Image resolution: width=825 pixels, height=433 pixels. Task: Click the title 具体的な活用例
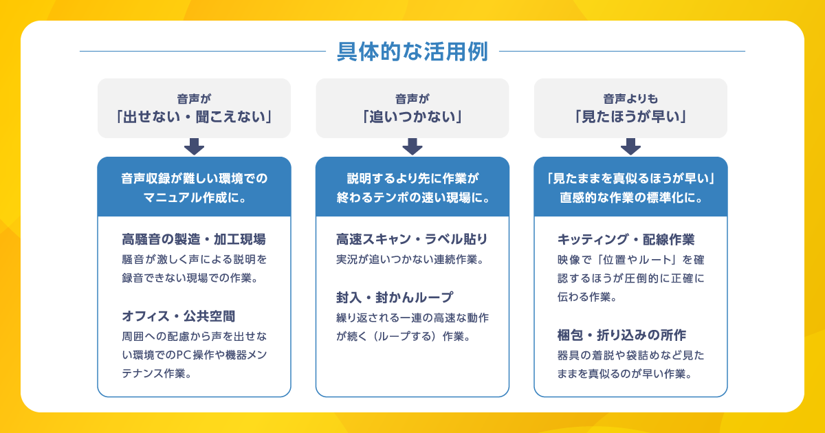pos(412,52)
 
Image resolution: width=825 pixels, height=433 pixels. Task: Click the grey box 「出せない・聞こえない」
pos(194,108)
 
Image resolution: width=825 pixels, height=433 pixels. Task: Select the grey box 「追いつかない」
pos(412,108)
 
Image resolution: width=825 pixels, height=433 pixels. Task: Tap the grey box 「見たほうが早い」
pos(630,108)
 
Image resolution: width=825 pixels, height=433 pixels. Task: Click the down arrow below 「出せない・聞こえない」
pos(194,146)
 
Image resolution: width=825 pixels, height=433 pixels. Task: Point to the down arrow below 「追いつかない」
pos(412,146)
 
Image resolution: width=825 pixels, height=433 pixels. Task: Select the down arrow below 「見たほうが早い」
pos(630,146)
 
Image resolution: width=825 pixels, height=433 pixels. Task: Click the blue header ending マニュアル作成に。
pos(194,187)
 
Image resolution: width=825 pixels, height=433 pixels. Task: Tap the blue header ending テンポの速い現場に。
pos(412,187)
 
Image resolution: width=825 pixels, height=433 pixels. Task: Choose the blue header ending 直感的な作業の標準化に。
pos(630,187)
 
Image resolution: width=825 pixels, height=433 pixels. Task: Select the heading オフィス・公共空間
pos(179,316)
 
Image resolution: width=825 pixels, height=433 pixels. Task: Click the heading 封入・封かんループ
pos(395,298)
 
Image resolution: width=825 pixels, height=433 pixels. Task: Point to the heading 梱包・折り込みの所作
pos(622,335)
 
